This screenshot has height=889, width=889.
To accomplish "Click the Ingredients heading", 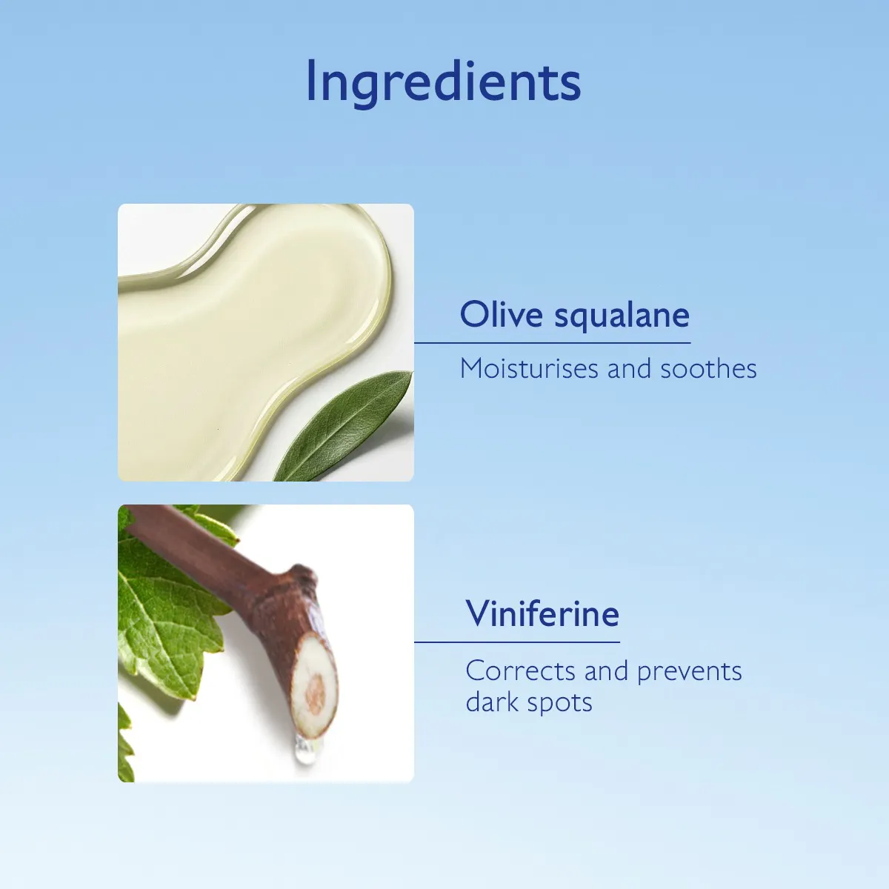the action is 443,82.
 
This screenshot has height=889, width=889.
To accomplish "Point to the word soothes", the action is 709,369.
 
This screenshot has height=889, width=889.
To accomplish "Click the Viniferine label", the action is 542,613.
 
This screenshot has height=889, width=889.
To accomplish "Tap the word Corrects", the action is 520,671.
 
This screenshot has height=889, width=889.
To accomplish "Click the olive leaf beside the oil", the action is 344,427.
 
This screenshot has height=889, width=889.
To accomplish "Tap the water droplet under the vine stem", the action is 305,750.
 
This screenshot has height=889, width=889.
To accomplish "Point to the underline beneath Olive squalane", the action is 552,343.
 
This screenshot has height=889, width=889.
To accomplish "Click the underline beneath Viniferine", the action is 516,642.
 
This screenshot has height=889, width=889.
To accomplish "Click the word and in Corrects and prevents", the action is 606,671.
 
